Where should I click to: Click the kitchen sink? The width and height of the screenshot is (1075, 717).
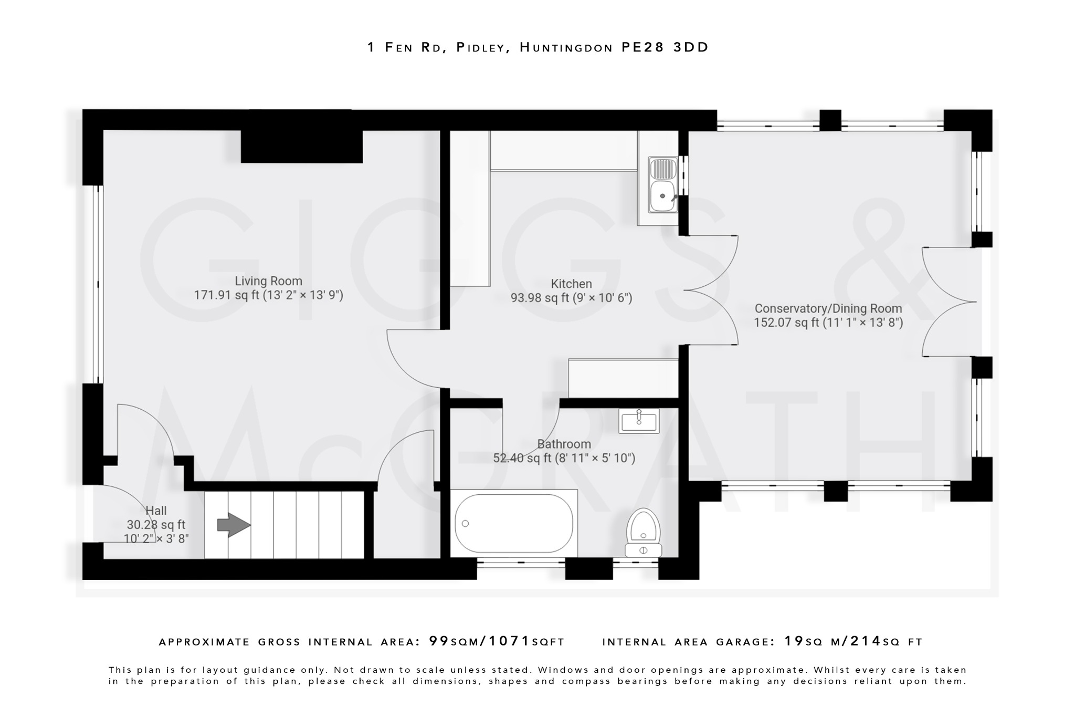(662, 185)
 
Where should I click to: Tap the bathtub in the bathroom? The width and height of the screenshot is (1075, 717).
(513, 523)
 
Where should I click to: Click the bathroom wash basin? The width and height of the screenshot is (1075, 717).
(639, 421)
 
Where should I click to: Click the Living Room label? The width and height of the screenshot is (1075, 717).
(268, 281)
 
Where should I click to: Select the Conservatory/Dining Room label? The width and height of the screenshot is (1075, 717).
(828, 309)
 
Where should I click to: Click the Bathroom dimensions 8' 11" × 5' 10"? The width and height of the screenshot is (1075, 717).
(595, 458)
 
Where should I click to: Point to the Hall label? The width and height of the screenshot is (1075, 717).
(156, 511)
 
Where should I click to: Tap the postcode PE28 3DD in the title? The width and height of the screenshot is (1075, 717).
(665, 47)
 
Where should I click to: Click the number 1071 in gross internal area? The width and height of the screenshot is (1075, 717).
(509, 641)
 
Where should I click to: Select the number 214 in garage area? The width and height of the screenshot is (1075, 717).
(866, 641)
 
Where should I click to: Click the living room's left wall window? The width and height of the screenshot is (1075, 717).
(97, 284)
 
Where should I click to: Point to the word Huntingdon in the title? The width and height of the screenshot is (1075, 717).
(566, 47)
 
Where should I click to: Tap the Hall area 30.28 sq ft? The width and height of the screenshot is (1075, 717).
(156, 525)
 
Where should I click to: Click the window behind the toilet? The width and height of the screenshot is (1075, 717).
(636, 563)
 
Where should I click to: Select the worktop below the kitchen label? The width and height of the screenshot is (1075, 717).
(623, 378)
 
